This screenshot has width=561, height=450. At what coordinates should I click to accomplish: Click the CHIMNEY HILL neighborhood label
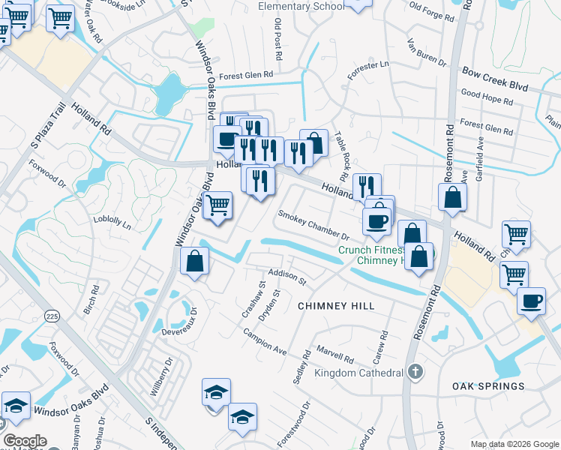pos(335,306)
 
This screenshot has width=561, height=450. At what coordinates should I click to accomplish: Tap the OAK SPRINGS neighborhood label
pos(488,386)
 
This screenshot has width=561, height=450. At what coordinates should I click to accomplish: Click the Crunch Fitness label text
pos(371,251)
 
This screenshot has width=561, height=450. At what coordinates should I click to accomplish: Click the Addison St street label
pos(287,276)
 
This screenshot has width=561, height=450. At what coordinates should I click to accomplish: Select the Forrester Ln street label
pos(368,70)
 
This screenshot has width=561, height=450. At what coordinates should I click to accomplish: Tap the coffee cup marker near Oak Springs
pos(532,301)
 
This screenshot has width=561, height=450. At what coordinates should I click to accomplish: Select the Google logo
pos(25,441)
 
